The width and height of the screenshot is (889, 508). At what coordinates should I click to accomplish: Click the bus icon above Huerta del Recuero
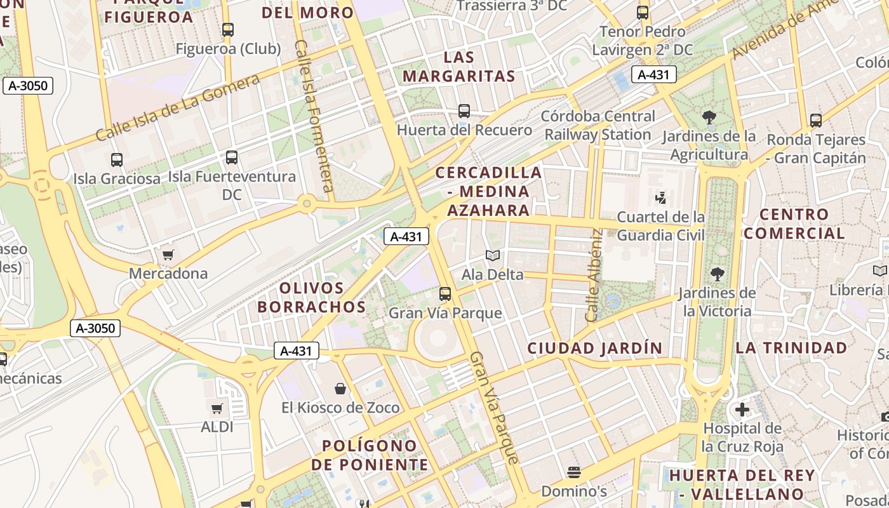[464, 111]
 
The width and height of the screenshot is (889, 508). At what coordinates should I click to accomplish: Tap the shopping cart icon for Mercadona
[168, 255]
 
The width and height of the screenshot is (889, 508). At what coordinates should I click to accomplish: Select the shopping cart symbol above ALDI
[217, 408]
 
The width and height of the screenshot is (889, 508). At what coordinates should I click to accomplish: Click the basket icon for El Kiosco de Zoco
[340, 389]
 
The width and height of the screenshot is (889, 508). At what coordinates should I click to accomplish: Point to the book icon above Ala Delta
[493, 256]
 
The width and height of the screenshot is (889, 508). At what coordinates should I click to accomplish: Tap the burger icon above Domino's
[574, 472]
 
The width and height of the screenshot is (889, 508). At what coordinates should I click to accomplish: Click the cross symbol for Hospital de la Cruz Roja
[742, 410]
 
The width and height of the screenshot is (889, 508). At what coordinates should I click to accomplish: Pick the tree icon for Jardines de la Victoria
[718, 274]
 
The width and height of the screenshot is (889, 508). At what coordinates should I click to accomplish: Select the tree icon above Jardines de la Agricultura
[709, 117]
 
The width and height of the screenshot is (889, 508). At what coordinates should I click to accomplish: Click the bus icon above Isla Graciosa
[117, 159]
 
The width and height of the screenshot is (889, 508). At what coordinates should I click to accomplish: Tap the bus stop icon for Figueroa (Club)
[228, 29]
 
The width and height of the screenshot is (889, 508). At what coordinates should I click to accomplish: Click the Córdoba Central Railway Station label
[598, 125]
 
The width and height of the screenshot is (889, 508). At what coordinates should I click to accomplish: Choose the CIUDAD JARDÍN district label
[594, 348]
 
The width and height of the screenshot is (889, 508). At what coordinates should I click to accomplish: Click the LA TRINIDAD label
[791, 348]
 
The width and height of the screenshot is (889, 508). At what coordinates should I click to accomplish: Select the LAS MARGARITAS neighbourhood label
[458, 67]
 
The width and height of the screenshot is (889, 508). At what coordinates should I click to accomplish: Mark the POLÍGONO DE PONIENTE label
[370, 455]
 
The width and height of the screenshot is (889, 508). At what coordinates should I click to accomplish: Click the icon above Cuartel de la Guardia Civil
[660, 198]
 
